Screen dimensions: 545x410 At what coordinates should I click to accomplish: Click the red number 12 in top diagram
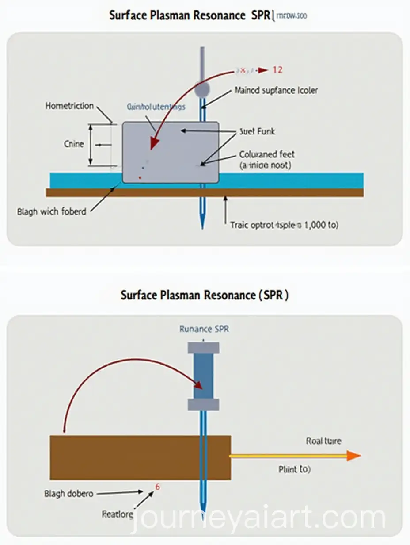point(277,70)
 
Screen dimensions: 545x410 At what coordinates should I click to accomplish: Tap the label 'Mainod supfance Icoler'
point(276,91)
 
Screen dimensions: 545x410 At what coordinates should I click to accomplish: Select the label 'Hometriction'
point(69,106)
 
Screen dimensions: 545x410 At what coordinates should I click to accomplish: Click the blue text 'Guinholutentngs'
point(156,107)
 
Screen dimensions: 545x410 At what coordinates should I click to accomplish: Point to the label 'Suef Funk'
point(257,131)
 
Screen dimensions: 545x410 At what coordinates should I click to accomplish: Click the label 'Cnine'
point(73,144)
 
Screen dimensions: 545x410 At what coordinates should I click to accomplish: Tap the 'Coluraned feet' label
point(267,155)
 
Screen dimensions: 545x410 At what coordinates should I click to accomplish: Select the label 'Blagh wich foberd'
point(52,211)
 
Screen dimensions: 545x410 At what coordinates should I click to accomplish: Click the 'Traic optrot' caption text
point(284,225)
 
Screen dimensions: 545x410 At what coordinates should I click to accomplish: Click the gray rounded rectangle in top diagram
point(170,153)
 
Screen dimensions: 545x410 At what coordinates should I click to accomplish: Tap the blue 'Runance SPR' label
point(204,329)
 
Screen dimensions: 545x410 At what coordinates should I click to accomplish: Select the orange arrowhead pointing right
point(353,456)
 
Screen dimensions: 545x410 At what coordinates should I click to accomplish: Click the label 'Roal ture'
point(323,441)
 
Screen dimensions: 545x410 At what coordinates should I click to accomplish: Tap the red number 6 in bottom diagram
point(158,487)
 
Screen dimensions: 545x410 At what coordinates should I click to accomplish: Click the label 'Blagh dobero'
point(69,493)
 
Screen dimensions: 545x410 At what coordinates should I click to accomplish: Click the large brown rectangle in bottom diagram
point(140,457)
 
